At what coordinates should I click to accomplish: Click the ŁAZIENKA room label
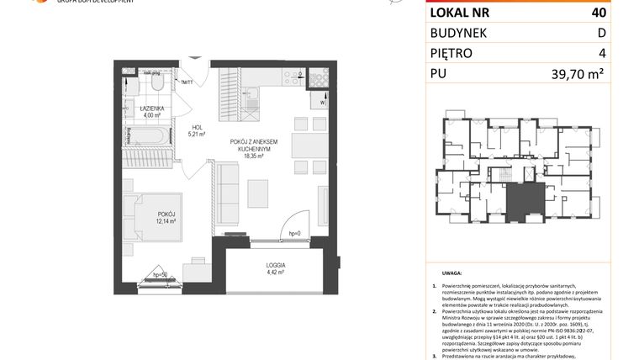pos(152,109)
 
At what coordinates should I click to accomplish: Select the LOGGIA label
pos(274,262)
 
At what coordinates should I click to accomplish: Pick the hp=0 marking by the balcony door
pos(294,232)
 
